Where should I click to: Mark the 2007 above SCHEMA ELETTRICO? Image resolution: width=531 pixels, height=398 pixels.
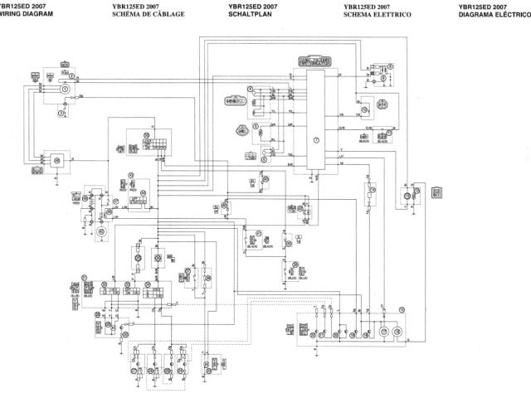[x=387, y=6]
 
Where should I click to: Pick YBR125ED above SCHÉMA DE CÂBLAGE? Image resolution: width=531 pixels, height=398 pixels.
[x=125, y=6]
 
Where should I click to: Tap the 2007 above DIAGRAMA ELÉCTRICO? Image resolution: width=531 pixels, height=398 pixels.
[x=502, y=6]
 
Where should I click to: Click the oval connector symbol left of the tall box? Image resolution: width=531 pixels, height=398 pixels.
[x=236, y=100]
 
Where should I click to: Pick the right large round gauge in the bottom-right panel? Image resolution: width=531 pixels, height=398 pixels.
[x=397, y=332]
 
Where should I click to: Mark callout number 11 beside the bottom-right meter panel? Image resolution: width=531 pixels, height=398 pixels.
[x=402, y=309]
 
